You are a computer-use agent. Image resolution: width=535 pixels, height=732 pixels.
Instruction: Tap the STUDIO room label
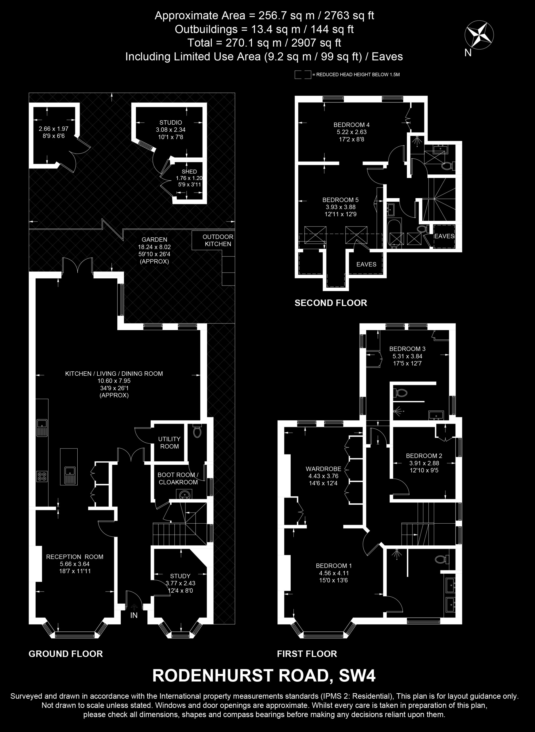click(171, 122)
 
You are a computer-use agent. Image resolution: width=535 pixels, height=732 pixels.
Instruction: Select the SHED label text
click(189, 172)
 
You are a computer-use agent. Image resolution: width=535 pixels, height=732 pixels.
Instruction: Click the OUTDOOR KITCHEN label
click(218, 241)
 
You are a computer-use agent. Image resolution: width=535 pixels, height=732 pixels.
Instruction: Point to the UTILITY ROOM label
click(169, 443)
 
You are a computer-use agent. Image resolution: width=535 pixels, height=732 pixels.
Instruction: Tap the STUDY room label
click(180, 576)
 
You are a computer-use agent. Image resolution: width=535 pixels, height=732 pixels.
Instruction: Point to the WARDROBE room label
click(323, 469)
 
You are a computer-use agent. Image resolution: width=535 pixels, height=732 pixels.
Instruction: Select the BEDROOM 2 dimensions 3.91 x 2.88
click(424, 463)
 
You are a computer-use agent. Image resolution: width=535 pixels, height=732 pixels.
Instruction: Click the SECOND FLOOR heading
click(331, 303)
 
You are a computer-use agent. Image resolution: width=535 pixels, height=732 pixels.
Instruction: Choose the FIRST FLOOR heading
click(307, 654)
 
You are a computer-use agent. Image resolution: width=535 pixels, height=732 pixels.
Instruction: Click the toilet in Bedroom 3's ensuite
click(400, 393)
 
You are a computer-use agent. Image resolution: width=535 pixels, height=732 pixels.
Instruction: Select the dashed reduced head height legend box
click(303, 74)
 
